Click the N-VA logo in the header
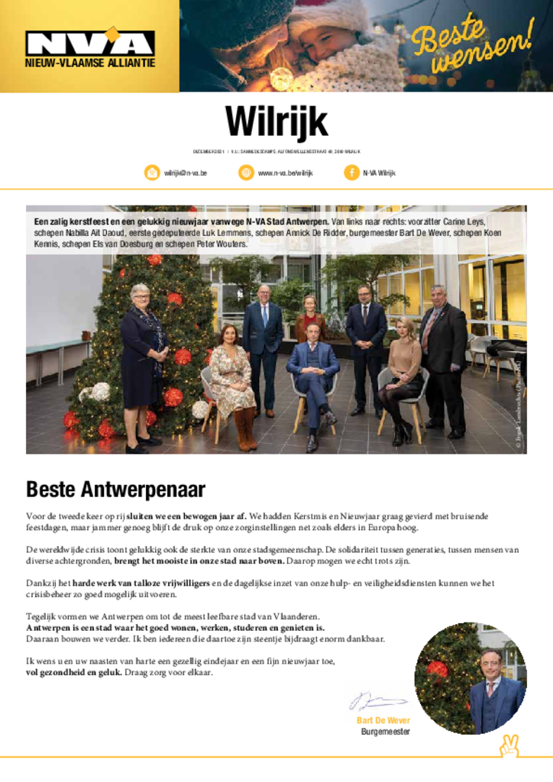pyautogui.click(x=90, y=43)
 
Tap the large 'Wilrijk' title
pyautogui.click(x=276, y=122)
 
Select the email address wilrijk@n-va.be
pyautogui.click(x=186, y=173)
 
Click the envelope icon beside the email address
pyautogui.click(x=152, y=173)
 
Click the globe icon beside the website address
pyautogui.click(x=246, y=173)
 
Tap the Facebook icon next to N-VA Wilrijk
pyautogui.click(x=351, y=173)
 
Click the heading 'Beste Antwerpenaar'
pyautogui.click(x=115, y=488)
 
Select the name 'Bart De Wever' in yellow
pyautogui.click(x=383, y=720)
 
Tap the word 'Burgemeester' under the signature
pyautogui.click(x=386, y=732)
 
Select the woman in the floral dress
pyautogui.click(x=232, y=378)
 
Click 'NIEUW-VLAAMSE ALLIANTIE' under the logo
pyautogui.click(x=90, y=63)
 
